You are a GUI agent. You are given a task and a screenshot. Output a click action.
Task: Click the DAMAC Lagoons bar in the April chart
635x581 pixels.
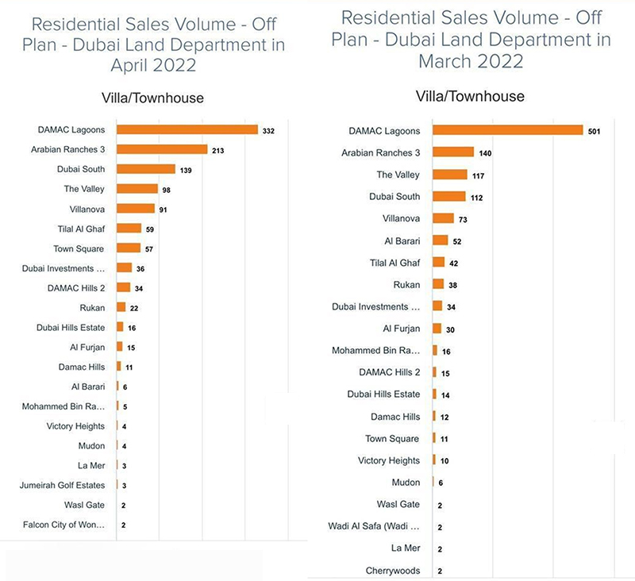pyautogui.click(x=187, y=129)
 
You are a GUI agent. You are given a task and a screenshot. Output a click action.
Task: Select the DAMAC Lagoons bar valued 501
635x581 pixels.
pyautogui.click(x=508, y=131)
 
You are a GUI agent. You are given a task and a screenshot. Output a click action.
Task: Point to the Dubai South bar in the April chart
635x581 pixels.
pyautogui.click(x=146, y=169)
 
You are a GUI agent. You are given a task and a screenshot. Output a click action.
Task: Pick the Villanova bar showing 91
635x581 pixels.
pyautogui.click(x=136, y=209)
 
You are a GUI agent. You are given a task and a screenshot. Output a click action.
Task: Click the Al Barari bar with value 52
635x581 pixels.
pyautogui.click(x=441, y=240)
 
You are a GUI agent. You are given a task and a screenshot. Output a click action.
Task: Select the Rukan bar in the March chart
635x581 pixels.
pyautogui.click(x=438, y=284)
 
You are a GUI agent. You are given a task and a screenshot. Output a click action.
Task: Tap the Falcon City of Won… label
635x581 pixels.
pyautogui.click(x=63, y=525)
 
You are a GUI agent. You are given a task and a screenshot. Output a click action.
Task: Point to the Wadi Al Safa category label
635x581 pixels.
pyautogui.click(x=374, y=526)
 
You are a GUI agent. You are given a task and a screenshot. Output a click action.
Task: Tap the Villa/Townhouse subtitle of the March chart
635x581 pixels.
pyautogui.click(x=470, y=96)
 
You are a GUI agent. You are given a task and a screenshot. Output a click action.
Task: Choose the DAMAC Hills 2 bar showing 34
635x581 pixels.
pyautogui.click(x=124, y=288)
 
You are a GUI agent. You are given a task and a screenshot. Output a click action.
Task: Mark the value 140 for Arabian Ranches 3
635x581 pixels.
pyautogui.click(x=487, y=153)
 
